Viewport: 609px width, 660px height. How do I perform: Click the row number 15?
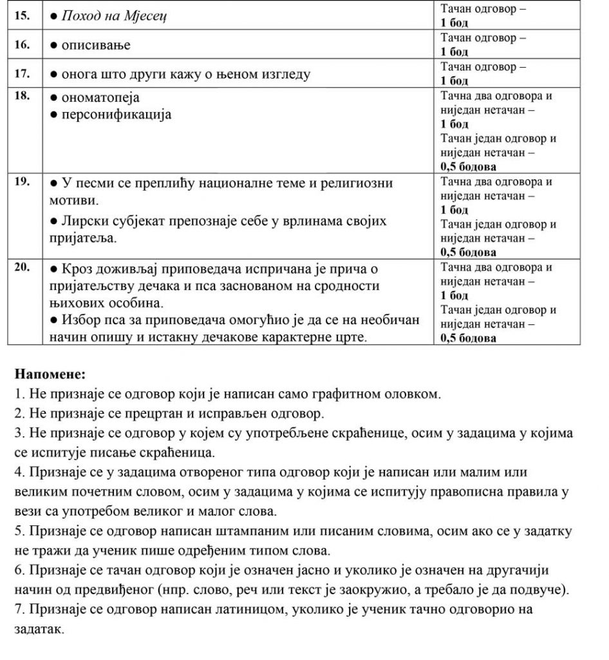tap(22, 15)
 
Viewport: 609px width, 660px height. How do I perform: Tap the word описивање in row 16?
tap(95, 45)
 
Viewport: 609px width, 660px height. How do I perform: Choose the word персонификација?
tap(116, 115)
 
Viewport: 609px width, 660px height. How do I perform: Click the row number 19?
tap(22, 182)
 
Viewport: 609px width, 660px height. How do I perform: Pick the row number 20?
tap(22, 269)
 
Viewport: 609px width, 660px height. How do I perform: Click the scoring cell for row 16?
tap(483, 44)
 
